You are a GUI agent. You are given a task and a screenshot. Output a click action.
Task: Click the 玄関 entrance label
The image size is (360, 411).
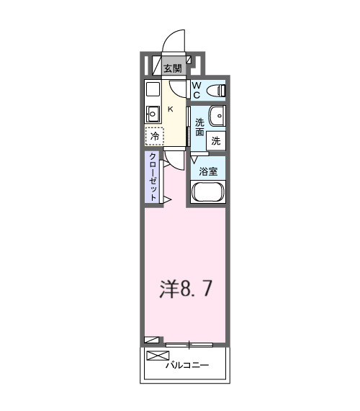pos(172,69)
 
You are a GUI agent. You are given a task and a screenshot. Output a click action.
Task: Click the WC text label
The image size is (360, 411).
pos(196,90)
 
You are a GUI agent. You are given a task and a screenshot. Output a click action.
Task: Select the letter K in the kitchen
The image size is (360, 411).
pos(171,109)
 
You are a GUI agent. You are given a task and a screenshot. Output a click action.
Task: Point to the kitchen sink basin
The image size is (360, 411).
pos(152,112)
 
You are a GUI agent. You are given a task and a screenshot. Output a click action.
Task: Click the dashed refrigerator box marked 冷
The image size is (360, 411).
pos(154,135)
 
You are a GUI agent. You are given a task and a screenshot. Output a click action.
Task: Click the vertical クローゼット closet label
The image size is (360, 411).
pos(153,176)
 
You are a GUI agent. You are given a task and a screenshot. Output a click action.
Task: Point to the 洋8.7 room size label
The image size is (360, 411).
pos(185,289)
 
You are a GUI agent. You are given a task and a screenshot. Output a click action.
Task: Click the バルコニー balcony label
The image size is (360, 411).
pos(186,366)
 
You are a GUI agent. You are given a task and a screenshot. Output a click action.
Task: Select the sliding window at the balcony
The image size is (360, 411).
pos(189,344)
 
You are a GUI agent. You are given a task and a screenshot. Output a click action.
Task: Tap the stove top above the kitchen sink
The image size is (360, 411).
pos(152,89)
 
